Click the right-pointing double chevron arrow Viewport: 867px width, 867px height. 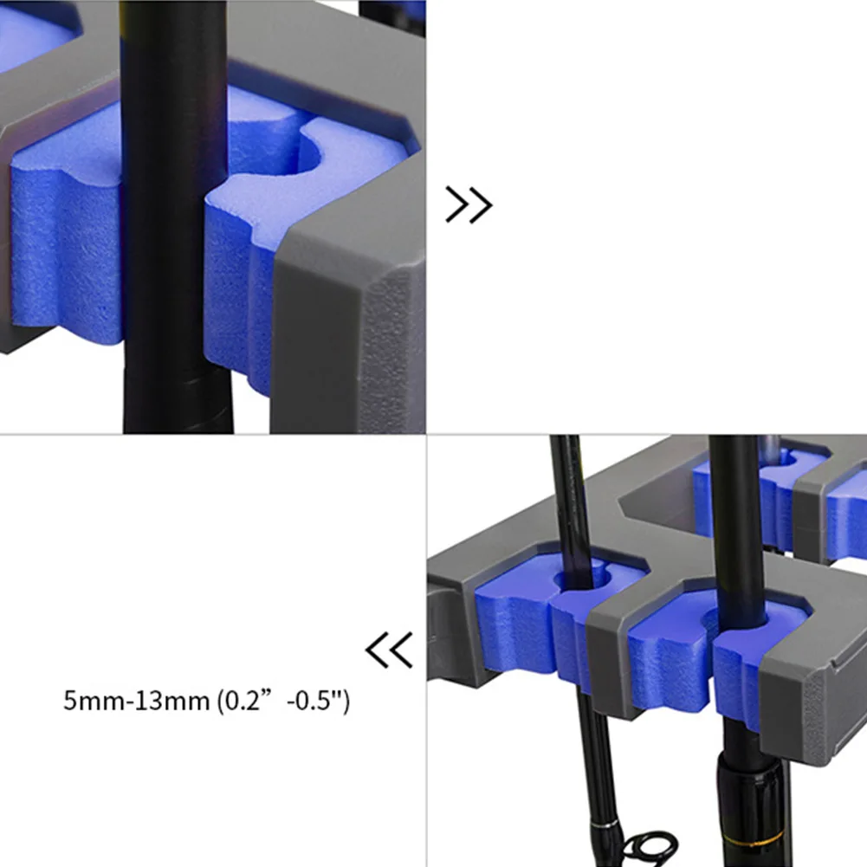pos(469,204)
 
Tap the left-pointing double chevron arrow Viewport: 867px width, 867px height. pos(389,650)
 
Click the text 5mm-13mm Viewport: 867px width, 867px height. pos(137,701)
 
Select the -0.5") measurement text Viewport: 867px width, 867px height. pos(319,701)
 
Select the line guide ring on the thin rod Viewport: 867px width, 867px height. pos(650,849)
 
